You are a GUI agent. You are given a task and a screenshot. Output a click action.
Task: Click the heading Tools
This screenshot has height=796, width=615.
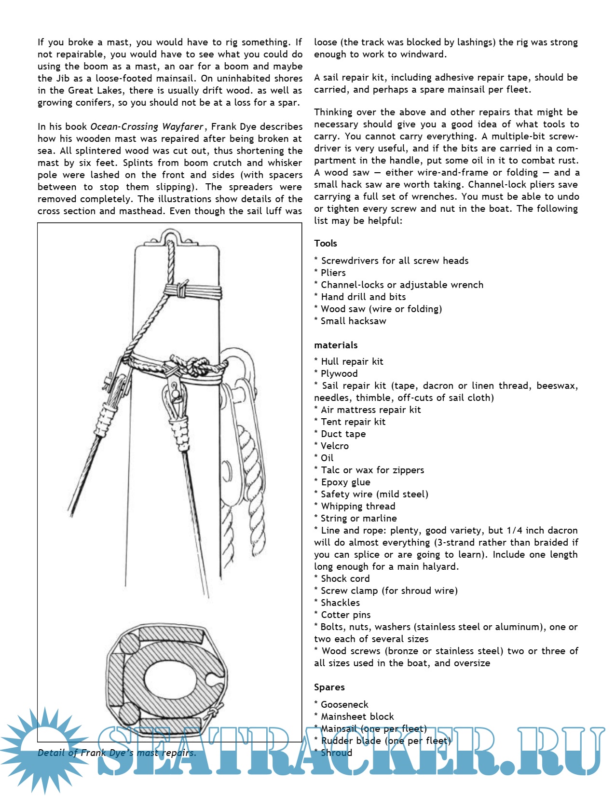(x=326, y=244)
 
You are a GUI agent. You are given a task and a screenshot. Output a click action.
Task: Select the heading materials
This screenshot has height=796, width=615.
(x=336, y=345)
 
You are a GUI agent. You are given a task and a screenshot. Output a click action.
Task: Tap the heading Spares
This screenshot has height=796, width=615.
(x=329, y=687)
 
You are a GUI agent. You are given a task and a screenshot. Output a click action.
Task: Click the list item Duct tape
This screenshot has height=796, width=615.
(x=343, y=434)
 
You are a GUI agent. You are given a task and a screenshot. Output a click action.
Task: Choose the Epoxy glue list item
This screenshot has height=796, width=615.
(x=345, y=482)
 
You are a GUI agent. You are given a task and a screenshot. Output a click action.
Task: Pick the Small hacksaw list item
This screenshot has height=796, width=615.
(x=353, y=321)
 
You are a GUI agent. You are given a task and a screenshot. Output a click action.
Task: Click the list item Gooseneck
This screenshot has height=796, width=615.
(x=344, y=705)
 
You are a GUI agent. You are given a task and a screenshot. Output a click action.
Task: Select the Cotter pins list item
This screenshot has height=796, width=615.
(x=345, y=615)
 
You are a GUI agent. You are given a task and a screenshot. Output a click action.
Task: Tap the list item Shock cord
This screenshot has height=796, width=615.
(x=345, y=579)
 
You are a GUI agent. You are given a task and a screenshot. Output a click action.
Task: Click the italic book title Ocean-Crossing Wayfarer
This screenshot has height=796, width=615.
(x=147, y=127)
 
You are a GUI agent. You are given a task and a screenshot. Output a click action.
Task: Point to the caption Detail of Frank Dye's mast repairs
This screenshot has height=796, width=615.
(x=117, y=753)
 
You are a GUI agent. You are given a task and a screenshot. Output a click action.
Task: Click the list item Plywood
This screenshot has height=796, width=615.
(x=339, y=374)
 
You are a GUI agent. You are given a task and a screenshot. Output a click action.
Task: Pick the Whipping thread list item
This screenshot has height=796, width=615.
(x=358, y=507)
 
